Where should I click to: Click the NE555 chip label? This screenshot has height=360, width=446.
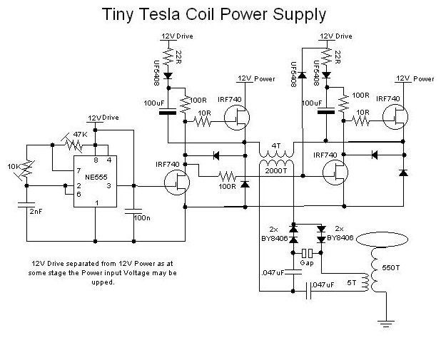(x=96, y=178)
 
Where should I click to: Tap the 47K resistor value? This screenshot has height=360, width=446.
(x=80, y=135)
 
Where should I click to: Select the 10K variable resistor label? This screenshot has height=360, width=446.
(x=14, y=167)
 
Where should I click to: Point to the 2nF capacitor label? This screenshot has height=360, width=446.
(x=36, y=212)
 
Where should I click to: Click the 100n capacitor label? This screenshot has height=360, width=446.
(x=142, y=218)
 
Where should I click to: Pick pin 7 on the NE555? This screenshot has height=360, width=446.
(x=78, y=171)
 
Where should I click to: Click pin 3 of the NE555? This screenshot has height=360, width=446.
(x=108, y=186)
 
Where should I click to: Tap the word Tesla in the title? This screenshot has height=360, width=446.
(x=161, y=14)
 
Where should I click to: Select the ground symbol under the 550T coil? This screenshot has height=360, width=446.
(x=386, y=324)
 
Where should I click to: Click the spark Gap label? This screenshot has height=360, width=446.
(x=307, y=263)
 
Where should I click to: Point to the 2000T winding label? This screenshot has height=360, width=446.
(x=276, y=171)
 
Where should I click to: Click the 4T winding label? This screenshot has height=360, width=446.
(x=276, y=145)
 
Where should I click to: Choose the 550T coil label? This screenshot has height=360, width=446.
(x=391, y=267)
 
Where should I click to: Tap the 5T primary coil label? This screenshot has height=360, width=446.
(x=352, y=283)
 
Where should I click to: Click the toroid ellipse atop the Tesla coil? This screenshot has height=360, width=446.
(x=382, y=240)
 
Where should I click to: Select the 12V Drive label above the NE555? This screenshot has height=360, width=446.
(x=103, y=118)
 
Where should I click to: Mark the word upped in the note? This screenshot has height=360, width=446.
(x=103, y=282)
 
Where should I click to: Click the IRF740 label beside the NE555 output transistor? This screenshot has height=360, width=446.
(x=168, y=164)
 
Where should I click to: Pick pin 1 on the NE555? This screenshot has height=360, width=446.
(x=97, y=203)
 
